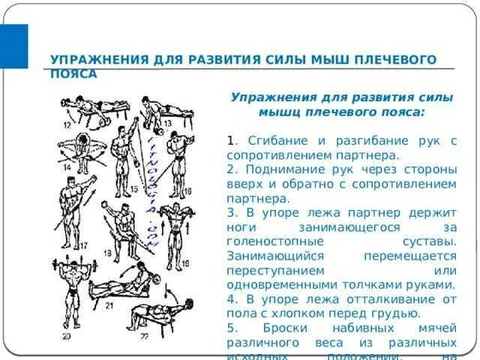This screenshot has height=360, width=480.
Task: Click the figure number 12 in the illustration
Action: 68,124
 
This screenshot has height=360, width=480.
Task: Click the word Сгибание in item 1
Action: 278,141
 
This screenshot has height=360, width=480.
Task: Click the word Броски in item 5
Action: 289,328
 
